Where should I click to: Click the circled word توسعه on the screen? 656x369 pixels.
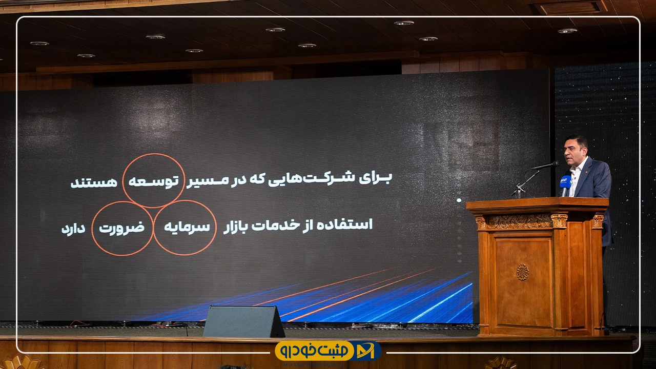(153, 181)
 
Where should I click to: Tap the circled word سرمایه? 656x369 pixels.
(187, 227)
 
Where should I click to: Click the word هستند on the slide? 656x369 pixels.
(94, 182)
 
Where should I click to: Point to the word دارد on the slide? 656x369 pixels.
(73, 229)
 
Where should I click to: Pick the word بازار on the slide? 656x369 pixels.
(235, 227)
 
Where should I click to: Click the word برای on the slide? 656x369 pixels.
(376, 178)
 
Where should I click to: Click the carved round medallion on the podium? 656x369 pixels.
(522, 272)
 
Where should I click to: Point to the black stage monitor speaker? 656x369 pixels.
(243, 321)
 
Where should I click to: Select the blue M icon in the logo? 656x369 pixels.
(365, 351)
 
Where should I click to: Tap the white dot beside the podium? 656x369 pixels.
(459, 200)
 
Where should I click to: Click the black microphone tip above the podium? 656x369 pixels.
(555, 163)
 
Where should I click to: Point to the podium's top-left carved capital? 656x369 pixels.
(481, 223)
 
